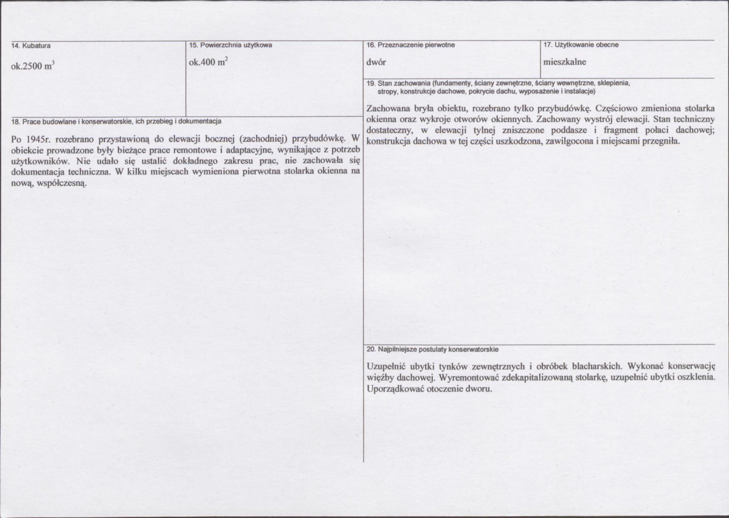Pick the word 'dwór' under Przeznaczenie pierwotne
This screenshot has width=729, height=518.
click(376, 62)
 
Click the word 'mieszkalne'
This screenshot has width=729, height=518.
click(565, 62)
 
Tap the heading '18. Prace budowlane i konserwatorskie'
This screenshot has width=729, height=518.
click(116, 120)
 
